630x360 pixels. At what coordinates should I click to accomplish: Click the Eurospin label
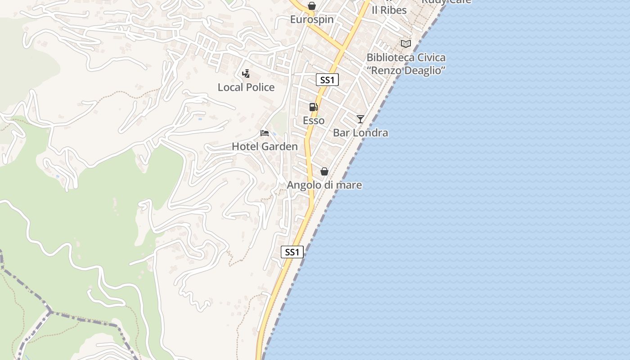[x=312, y=19]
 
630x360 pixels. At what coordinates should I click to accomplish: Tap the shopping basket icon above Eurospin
[x=311, y=6]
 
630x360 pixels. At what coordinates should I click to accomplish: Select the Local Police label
[x=246, y=87]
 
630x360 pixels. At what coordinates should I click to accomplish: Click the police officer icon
[x=246, y=73]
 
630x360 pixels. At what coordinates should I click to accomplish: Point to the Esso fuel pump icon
[x=314, y=107]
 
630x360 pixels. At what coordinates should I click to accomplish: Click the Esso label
[x=314, y=121]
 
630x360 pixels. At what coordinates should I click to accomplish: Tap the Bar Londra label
[x=360, y=133]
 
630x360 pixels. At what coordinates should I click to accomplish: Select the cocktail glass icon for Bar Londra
[x=360, y=119]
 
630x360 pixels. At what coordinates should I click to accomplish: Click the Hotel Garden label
[x=265, y=147]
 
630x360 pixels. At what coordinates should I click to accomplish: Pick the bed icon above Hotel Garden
[x=265, y=133]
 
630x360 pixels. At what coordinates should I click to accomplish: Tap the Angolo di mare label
[x=324, y=185]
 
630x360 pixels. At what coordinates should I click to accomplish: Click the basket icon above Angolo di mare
[x=324, y=171]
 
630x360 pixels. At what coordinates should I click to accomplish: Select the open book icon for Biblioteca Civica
[x=406, y=44]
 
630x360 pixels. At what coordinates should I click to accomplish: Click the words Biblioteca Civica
[x=406, y=58]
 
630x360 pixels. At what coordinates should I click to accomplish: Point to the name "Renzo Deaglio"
[x=406, y=71]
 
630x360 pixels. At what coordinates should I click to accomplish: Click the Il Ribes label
[x=389, y=10]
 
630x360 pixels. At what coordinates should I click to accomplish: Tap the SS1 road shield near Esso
[x=327, y=80]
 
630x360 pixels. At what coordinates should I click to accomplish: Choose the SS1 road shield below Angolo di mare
[x=292, y=252]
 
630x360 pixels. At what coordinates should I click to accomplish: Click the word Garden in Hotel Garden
[x=279, y=147]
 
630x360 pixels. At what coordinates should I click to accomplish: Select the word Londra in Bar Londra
[x=371, y=133]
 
